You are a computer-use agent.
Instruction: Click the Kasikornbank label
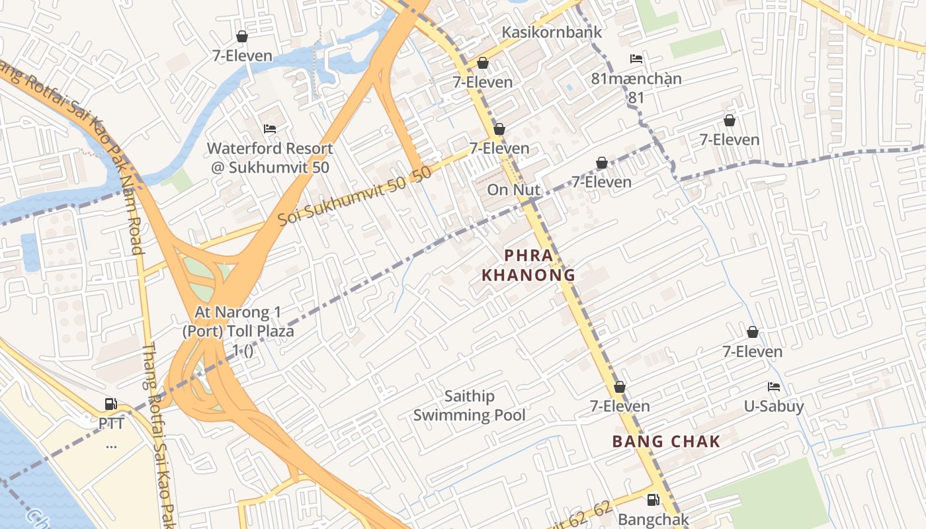click(552, 32)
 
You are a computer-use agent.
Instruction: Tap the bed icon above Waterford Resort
click(270, 128)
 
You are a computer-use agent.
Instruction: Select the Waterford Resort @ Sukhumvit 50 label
click(270, 158)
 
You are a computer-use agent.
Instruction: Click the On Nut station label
click(514, 190)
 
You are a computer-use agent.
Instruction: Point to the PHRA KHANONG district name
click(528, 264)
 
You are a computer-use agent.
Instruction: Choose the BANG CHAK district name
click(666, 442)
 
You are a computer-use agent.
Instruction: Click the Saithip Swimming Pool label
click(470, 405)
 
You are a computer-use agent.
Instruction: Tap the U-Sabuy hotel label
click(774, 406)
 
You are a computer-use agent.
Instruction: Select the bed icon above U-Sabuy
click(774, 387)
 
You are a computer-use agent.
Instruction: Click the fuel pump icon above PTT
click(111, 404)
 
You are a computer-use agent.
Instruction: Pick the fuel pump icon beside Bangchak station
click(653, 500)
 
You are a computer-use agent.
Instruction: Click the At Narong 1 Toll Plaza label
click(239, 331)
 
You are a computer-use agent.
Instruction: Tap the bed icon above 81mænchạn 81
click(636, 59)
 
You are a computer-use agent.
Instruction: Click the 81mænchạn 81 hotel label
click(636, 87)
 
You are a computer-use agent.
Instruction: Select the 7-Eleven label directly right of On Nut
click(601, 181)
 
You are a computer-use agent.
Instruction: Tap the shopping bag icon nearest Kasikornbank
click(483, 63)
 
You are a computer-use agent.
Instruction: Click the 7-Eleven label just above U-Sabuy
click(752, 351)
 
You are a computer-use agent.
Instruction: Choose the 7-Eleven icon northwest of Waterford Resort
click(242, 36)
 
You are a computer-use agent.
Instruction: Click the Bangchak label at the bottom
click(653, 520)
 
